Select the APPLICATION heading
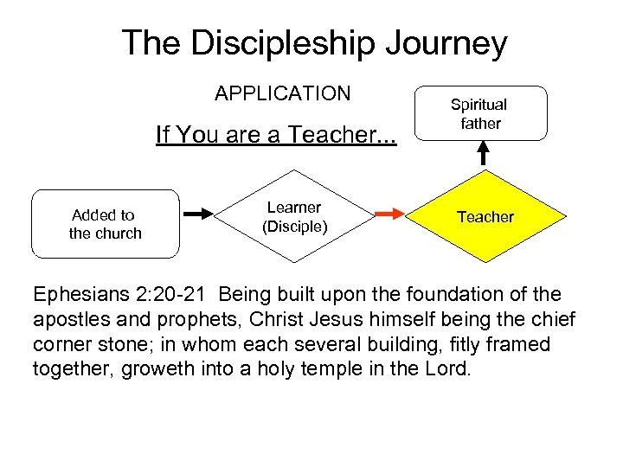(283, 93)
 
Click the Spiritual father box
(480, 113)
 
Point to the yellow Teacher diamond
(485, 217)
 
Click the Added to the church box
(106, 224)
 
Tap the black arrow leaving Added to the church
(199, 213)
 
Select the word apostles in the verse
(68, 320)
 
